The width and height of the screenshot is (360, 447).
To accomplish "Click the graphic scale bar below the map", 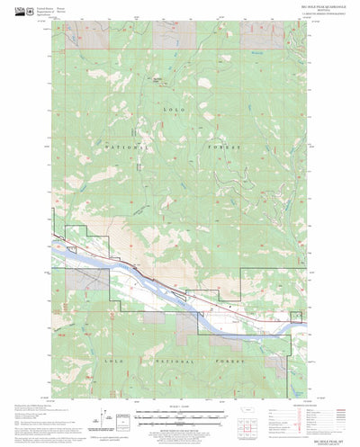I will (180, 415).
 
